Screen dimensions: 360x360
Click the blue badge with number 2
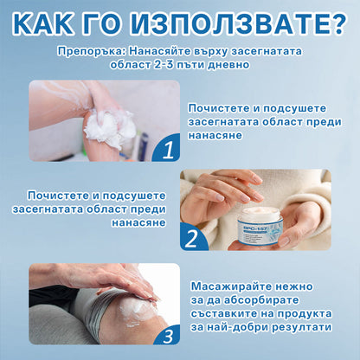coord(194,235)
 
